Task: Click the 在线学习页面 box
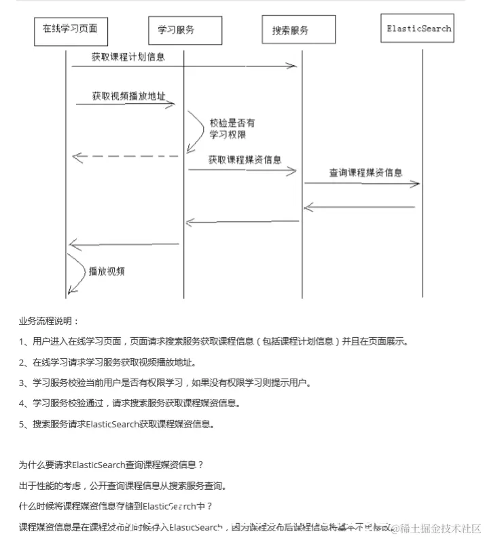pyautogui.click(x=70, y=29)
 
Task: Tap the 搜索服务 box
pyautogui.click(x=290, y=31)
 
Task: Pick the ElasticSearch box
pyautogui.click(x=418, y=29)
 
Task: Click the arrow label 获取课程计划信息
pyautogui.click(x=128, y=57)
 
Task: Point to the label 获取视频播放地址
pyautogui.click(x=128, y=96)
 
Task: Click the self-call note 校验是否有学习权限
pyautogui.click(x=232, y=129)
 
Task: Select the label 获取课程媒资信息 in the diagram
pyautogui.click(x=245, y=160)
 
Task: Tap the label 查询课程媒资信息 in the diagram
pyautogui.click(x=365, y=172)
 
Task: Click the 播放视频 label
pyautogui.click(x=107, y=271)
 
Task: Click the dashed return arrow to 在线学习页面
pyautogui.click(x=125, y=157)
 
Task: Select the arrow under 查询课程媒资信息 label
pyautogui.click(x=361, y=184)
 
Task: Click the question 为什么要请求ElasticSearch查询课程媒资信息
pyautogui.click(x=111, y=465)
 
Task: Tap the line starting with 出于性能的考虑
pyautogui.click(x=122, y=486)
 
